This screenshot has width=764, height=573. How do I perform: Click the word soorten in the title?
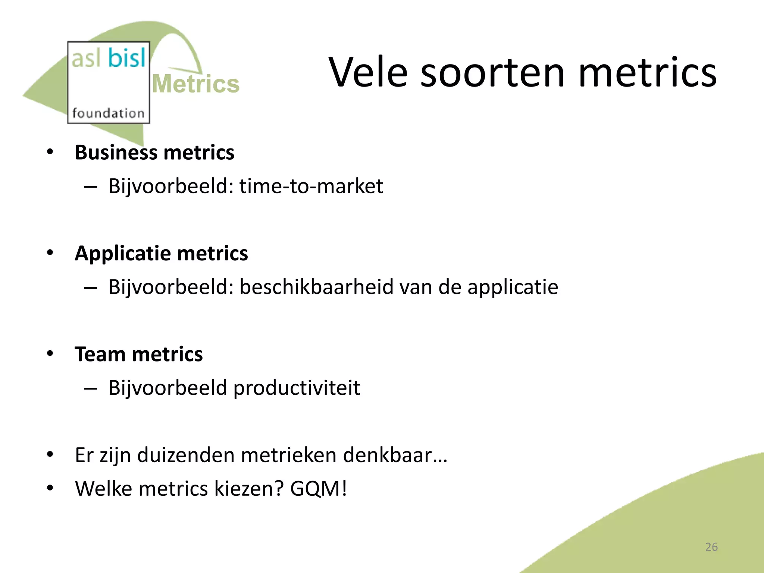pos(492,73)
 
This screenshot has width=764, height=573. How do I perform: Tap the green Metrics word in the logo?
pos(196,84)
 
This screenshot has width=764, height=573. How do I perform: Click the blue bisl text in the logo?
pos(126,58)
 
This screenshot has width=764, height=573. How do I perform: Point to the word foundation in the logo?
pos(108,113)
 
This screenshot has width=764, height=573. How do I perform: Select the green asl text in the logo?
pos(86,59)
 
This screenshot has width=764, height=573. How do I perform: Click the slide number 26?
pos(711,547)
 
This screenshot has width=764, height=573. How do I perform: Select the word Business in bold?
pos(116,153)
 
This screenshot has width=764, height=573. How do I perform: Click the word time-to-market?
pos(311,186)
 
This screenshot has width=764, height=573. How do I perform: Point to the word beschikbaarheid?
pos(316,287)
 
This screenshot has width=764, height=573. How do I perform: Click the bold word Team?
pos(100,354)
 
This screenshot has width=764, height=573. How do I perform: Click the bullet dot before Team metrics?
pos(50,353)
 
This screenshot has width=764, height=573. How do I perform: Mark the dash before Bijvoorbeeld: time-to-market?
pos(91,187)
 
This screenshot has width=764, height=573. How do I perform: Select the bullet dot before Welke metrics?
pos(50,488)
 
